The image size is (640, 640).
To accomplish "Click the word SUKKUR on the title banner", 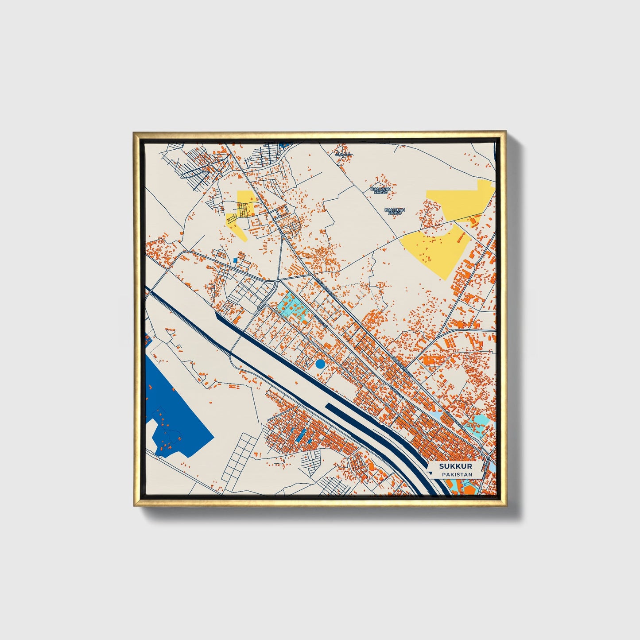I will pyautogui.click(x=455, y=466).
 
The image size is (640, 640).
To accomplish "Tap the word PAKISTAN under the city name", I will pyautogui.click(x=457, y=474).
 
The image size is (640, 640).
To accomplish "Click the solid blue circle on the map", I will pyautogui.click(x=320, y=364).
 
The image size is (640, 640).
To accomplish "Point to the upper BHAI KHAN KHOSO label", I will pyautogui.click(x=381, y=190).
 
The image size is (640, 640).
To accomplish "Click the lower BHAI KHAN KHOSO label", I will pyautogui.click(x=394, y=211).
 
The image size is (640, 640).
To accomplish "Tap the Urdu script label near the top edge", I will pyautogui.click(x=343, y=154).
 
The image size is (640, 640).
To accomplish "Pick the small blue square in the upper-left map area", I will pyautogui.click(x=236, y=260).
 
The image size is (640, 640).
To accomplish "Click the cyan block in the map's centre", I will pyautogui.click(x=292, y=306).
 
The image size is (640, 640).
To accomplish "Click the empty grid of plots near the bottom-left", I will pyautogui.click(x=239, y=458).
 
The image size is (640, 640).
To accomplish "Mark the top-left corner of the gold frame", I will pyautogui.click(x=134, y=132).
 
